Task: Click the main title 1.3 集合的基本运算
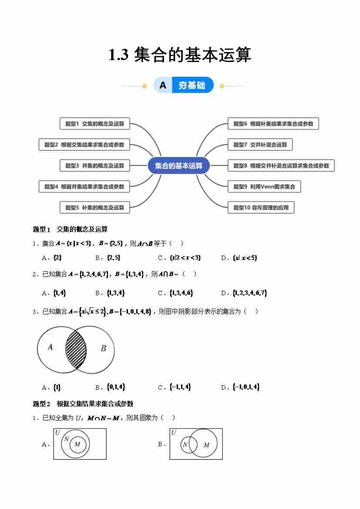tap(180, 55)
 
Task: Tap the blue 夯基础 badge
tap(192, 85)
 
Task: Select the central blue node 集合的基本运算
tap(178, 166)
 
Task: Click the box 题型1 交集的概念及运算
tap(94, 124)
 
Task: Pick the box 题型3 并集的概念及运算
tap(94, 165)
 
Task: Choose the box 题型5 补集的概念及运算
tap(94, 208)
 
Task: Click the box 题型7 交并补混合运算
tap(260, 145)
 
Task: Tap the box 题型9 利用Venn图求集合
tap(264, 187)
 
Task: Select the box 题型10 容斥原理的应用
tap(261, 208)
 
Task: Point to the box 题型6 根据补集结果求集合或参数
tap(273, 124)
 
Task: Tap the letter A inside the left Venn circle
tap(50, 347)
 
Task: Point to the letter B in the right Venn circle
tap(103, 348)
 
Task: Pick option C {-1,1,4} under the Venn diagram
tap(180, 387)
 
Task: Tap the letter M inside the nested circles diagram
tap(77, 444)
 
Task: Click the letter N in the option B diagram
tap(185, 445)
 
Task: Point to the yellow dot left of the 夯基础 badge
tap(145, 86)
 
